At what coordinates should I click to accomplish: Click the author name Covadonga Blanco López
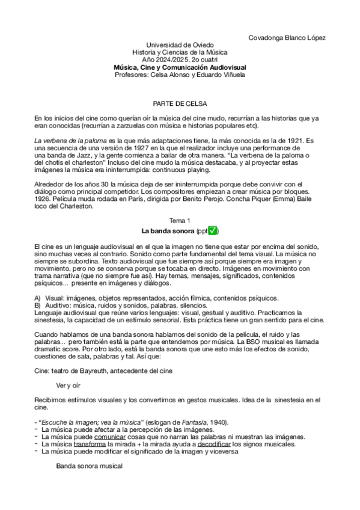[287, 38]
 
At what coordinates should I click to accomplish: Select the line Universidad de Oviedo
[180, 46]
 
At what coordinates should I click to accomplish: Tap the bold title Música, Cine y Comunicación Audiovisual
[180, 68]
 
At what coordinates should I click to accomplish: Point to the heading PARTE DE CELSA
[180, 103]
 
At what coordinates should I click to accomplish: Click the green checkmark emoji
[213, 231]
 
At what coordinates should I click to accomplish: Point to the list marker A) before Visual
[37, 298]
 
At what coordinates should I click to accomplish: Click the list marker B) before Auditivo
[37, 306]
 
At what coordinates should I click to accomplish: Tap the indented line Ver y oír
[69, 384]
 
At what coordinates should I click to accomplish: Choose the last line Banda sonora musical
[89, 466]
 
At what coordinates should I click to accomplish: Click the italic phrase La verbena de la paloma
[66, 140]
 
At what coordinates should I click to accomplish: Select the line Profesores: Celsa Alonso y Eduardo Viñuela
[180, 75]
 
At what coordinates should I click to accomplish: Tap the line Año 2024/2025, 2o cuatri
[180, 60]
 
